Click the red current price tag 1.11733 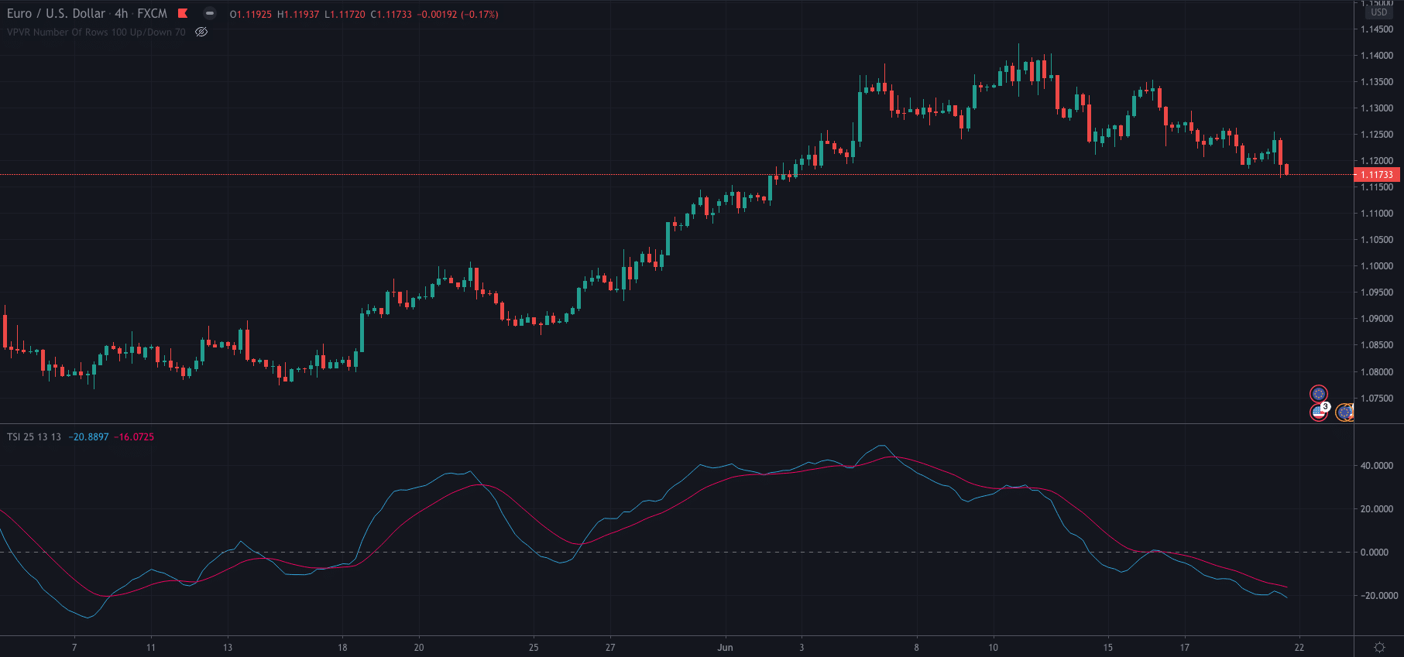[1378, 175]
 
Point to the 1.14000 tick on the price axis [1377, 56]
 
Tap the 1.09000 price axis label [1377, 319]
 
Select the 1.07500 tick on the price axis [1377, 399]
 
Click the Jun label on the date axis [725, 648]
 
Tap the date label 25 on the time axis [534, 648]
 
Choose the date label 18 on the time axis [342, 648]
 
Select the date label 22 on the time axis [1299, 648]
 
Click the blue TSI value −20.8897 [88, 437]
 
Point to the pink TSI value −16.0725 [134, 437]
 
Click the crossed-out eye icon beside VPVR [201, 33]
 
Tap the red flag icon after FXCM [183, 13]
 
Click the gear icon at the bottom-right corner [1379, 647]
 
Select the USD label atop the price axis [1379, 12]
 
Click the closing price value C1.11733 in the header [391, 15]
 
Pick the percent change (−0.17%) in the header [479, 15]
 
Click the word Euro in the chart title [19, 13]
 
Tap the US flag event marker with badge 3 [1319, 412]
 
